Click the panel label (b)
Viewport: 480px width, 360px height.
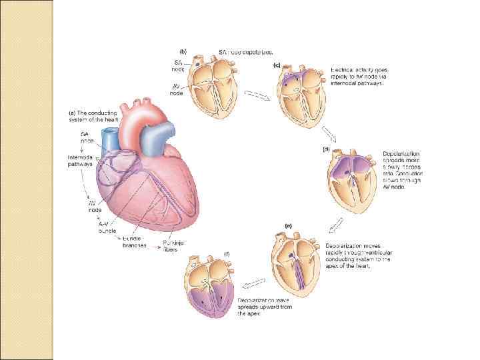tap(184, 51)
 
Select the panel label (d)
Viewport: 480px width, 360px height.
tap(326, 149)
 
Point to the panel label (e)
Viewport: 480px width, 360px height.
tap(287, 226)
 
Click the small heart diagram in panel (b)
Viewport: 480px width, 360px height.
tap(211, 85)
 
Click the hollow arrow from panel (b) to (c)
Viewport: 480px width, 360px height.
tap(257, 95)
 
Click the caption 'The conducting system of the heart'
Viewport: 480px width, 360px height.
tap(93, 117)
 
